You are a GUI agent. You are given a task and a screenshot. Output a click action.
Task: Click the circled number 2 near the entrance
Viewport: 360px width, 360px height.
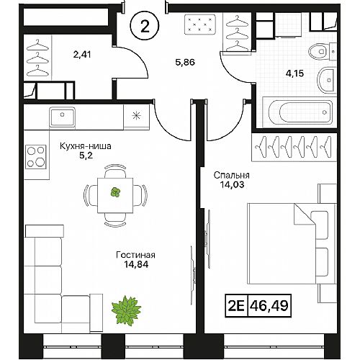click(145, 26)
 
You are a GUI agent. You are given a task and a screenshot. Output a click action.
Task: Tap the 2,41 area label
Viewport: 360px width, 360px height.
click(82, 55)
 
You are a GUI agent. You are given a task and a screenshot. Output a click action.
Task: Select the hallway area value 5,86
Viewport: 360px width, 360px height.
click(185, 63)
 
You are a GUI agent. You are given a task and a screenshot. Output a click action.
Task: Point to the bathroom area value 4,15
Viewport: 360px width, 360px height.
click(294, 73)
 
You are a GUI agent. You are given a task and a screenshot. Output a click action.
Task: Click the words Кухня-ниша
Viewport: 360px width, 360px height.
click(86, 146)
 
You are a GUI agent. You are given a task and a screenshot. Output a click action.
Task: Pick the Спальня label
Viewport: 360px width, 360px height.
click(232, 175)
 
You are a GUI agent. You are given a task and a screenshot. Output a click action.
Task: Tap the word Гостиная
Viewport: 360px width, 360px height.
click(135, 255)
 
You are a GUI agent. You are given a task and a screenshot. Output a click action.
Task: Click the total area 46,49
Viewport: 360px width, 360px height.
click(269, 305)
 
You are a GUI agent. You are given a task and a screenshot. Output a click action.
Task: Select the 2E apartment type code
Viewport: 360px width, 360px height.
click(236, 305)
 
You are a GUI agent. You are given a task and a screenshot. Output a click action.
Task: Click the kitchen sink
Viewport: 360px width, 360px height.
click(63, 117)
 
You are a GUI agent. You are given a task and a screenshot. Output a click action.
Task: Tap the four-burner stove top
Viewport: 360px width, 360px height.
click(36, 157)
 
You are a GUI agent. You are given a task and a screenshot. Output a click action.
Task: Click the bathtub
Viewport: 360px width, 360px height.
click(300, 112)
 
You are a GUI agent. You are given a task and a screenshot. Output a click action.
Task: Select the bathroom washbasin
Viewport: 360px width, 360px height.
click(327, 80)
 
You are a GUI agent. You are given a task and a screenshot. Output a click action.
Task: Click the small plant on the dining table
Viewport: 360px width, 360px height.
click(115, 192)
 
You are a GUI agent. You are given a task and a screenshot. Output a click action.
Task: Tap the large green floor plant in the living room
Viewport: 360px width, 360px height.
click(127, 310)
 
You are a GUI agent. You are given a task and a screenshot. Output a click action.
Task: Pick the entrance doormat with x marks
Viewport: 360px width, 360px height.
click(199, 24)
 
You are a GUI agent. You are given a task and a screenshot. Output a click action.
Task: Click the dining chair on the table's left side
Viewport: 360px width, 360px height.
click(90, 195)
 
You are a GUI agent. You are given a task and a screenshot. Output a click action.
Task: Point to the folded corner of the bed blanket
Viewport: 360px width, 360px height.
click(305, 215)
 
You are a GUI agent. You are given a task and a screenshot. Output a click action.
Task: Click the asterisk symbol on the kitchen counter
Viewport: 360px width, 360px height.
click(136, 116)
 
